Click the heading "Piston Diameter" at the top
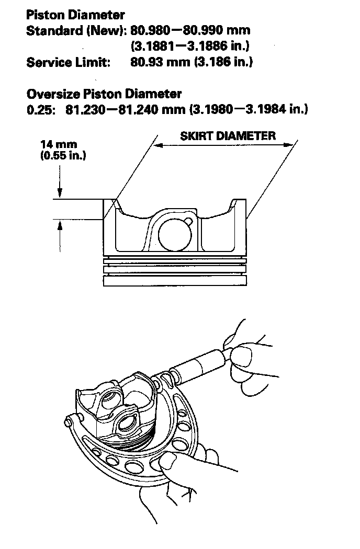[75, 15]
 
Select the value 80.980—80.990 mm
[190, 30]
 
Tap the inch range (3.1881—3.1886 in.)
[190, 46]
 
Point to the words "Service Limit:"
[68, 62]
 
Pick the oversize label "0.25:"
[41, 109]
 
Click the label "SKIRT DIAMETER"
[228, 136]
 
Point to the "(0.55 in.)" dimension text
[63, 156]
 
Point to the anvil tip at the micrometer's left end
[69, 420]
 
